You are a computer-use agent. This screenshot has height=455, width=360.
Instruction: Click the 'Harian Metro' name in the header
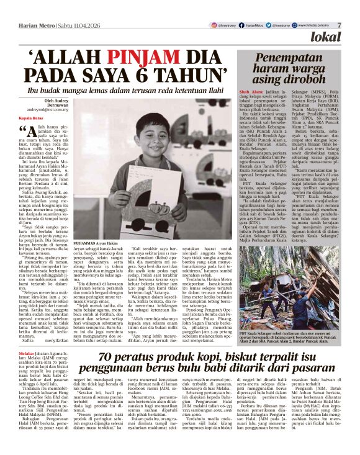point(30,25)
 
